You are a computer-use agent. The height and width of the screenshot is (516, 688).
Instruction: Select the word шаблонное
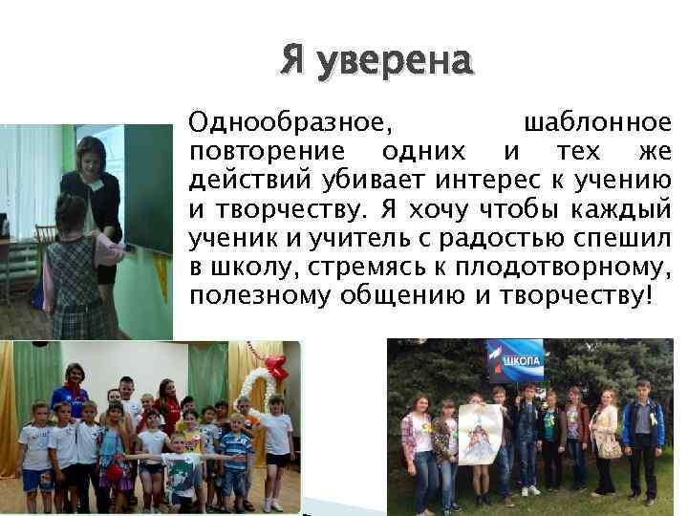pos(598,122)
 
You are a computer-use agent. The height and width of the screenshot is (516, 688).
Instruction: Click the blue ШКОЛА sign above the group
pos(517,360)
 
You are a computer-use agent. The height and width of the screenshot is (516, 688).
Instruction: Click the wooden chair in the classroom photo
pos(42,239)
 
